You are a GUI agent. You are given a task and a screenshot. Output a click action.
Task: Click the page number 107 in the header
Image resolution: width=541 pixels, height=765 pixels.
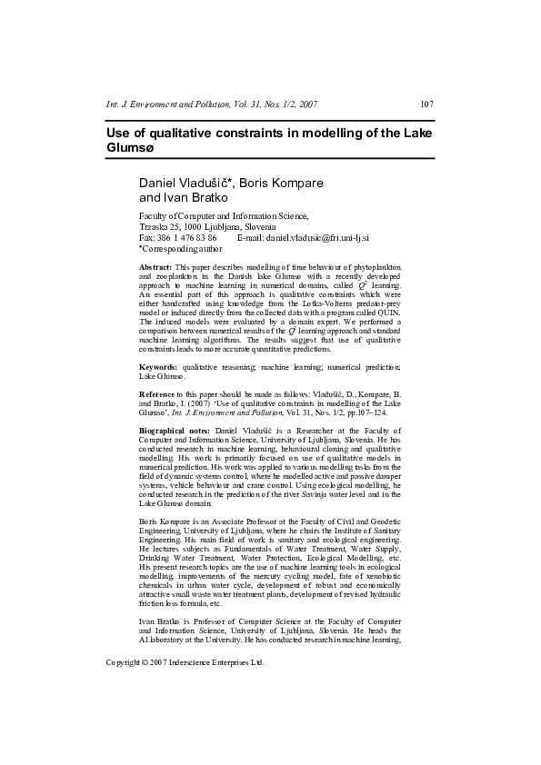pyautogui.click(x=426, y=104)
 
